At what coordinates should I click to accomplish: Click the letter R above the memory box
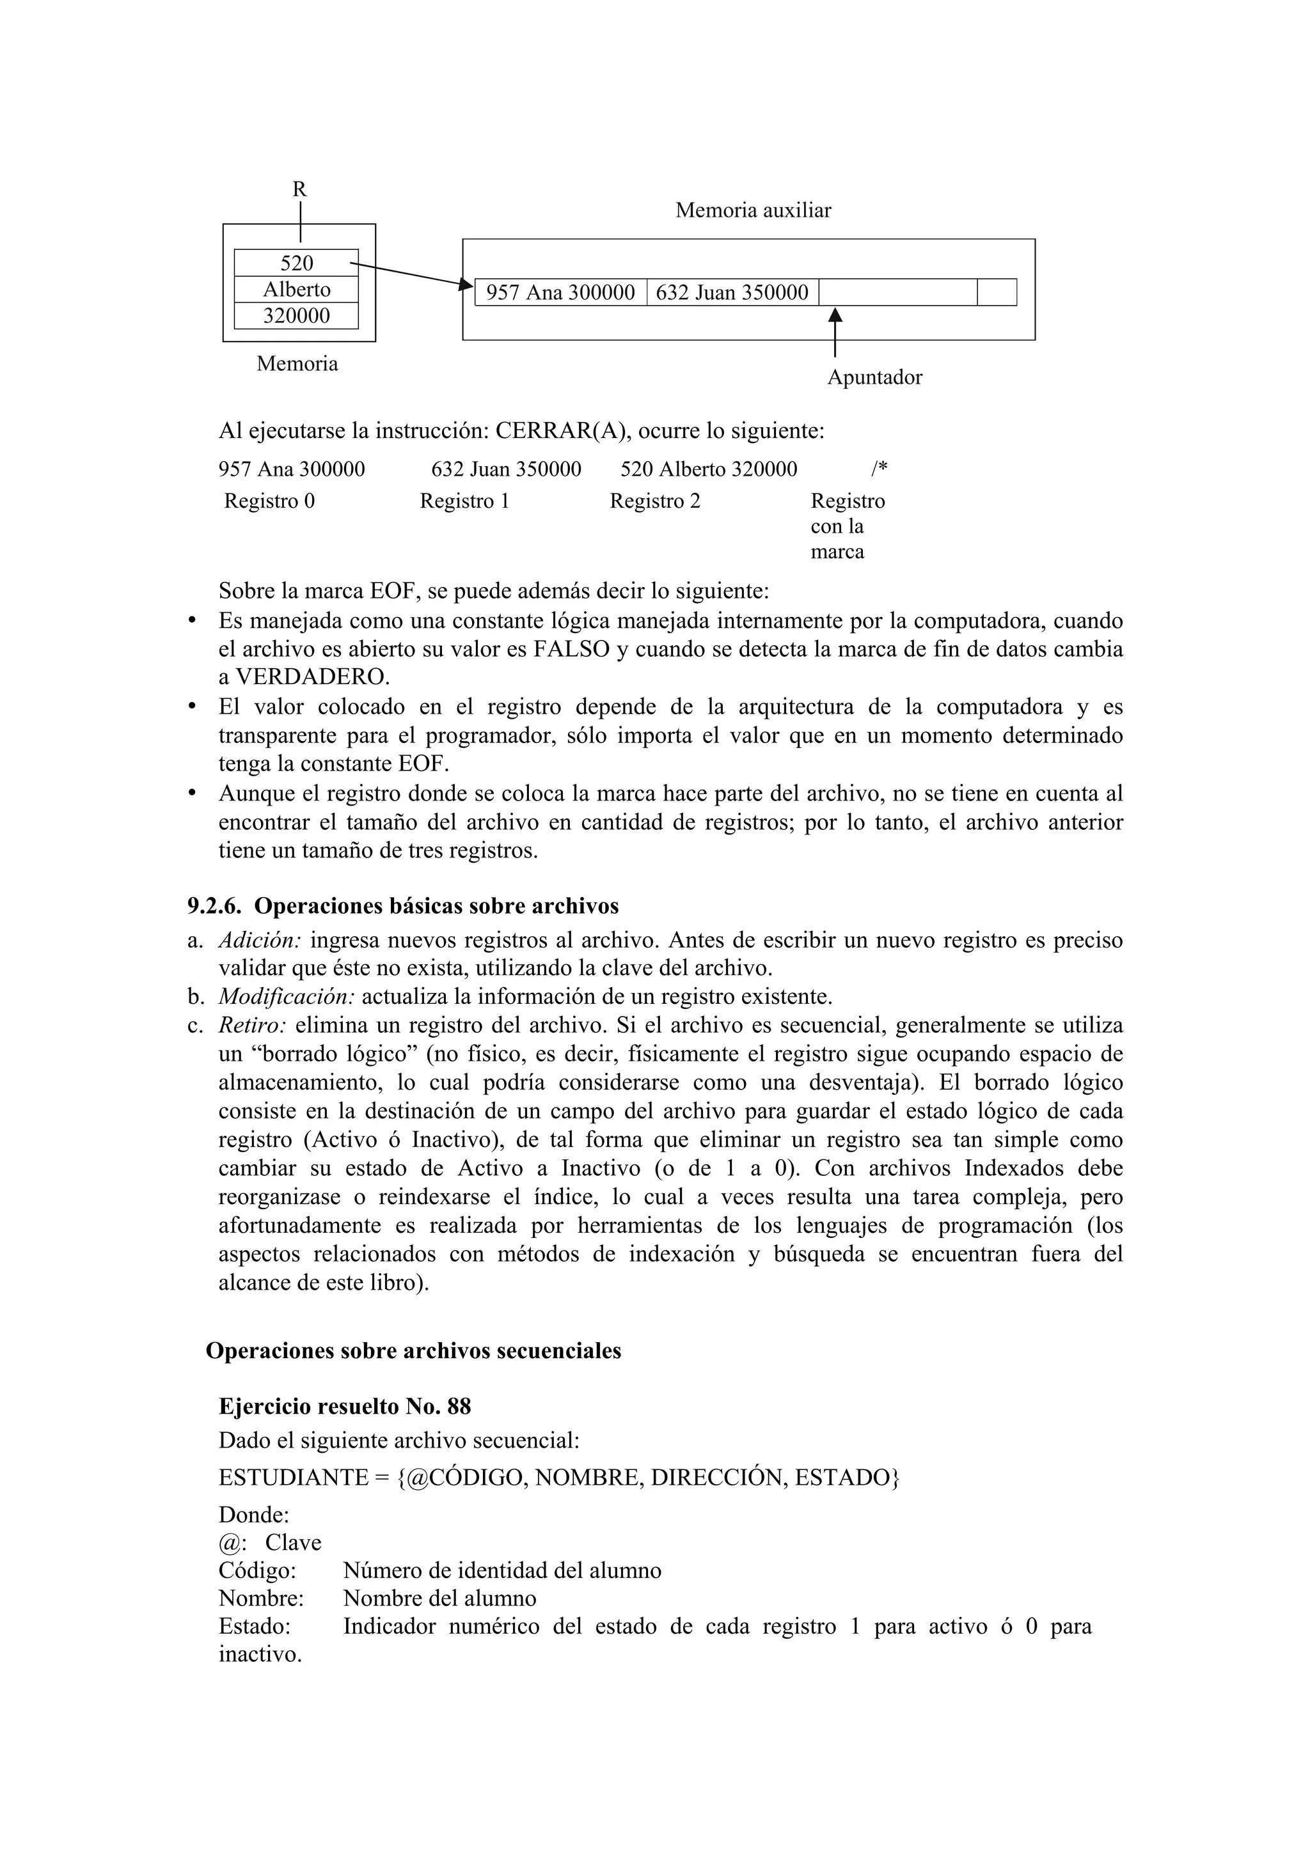[299, 190]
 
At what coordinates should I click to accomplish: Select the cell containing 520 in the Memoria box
[296, 263]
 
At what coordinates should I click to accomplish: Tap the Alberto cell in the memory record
[296, 290]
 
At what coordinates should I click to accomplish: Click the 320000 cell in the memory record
[296, 316]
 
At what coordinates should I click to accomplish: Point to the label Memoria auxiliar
[752, 210]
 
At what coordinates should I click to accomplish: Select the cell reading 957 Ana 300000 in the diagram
[561, 292]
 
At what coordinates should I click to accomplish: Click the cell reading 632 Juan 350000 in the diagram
[732, 292]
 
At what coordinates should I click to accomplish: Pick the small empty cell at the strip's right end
[997, 292]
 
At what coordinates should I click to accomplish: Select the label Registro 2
[654, 501]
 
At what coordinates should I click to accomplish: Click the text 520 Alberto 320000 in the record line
[709, 469]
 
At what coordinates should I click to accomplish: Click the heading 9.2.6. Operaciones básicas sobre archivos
[403, 906]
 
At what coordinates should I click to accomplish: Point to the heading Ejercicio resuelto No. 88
[345, 1407]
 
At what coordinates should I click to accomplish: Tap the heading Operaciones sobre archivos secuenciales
[413, 1351]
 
